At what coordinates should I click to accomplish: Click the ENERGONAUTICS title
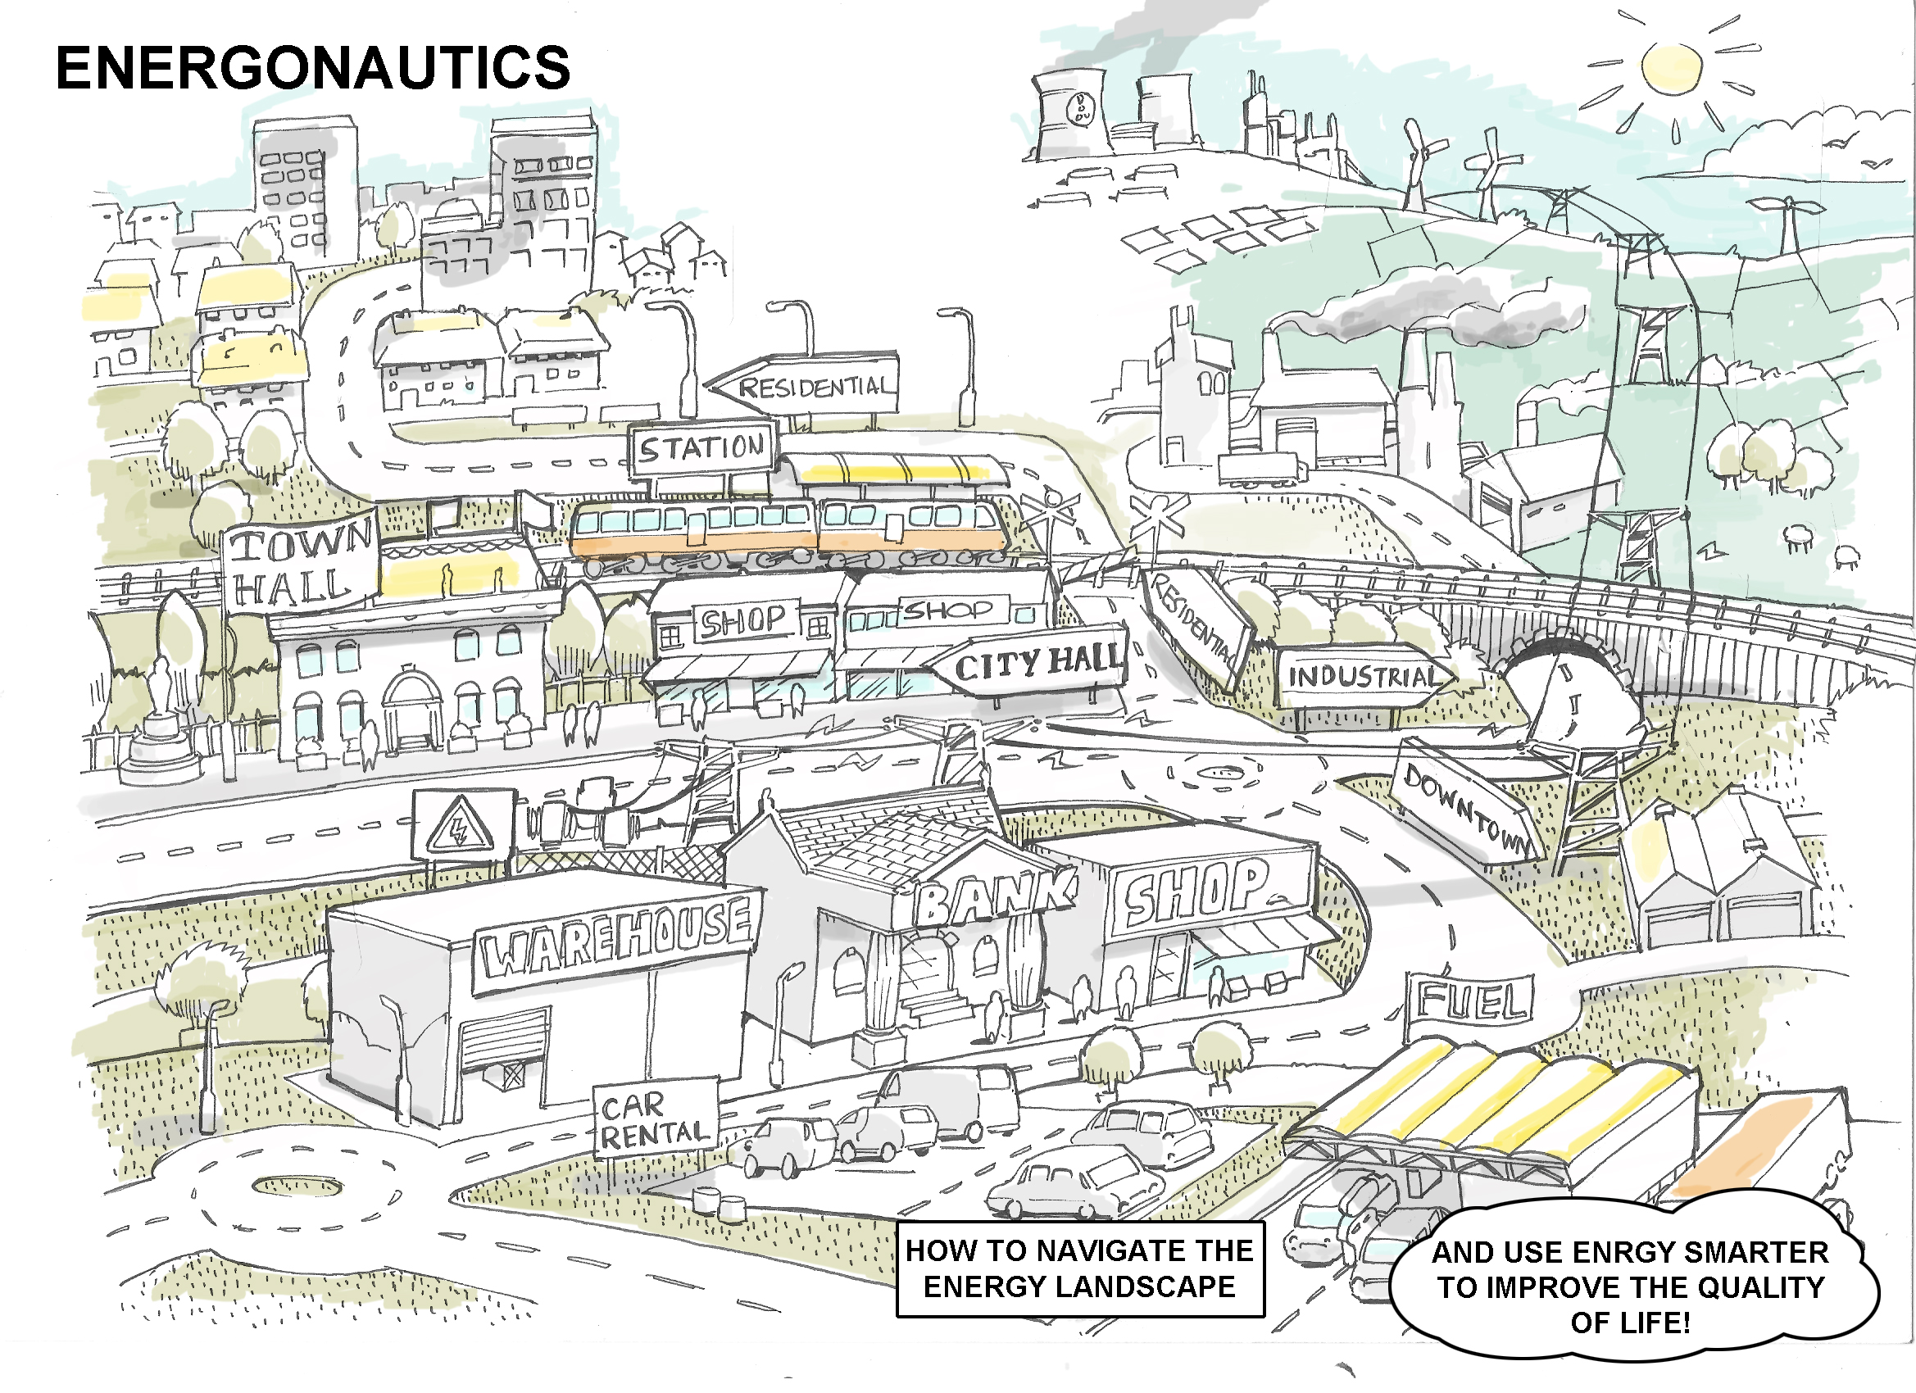pyautogui.click(x=312, y=67)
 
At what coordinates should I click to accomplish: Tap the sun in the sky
pyautogui.click(x=1672, y=67)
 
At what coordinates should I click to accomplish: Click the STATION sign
pyautogui.click(x=701, y=447)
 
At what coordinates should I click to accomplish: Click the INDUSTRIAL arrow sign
pyautogui.click(x=1362, y=677)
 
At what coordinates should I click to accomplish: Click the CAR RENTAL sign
pyautogui.click(x=655, y=1119)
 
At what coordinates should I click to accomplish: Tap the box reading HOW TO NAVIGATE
pyautogui.click(x=1078, y=1268)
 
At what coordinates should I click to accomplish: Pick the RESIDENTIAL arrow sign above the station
pyautogui.click(x=806, y=386)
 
